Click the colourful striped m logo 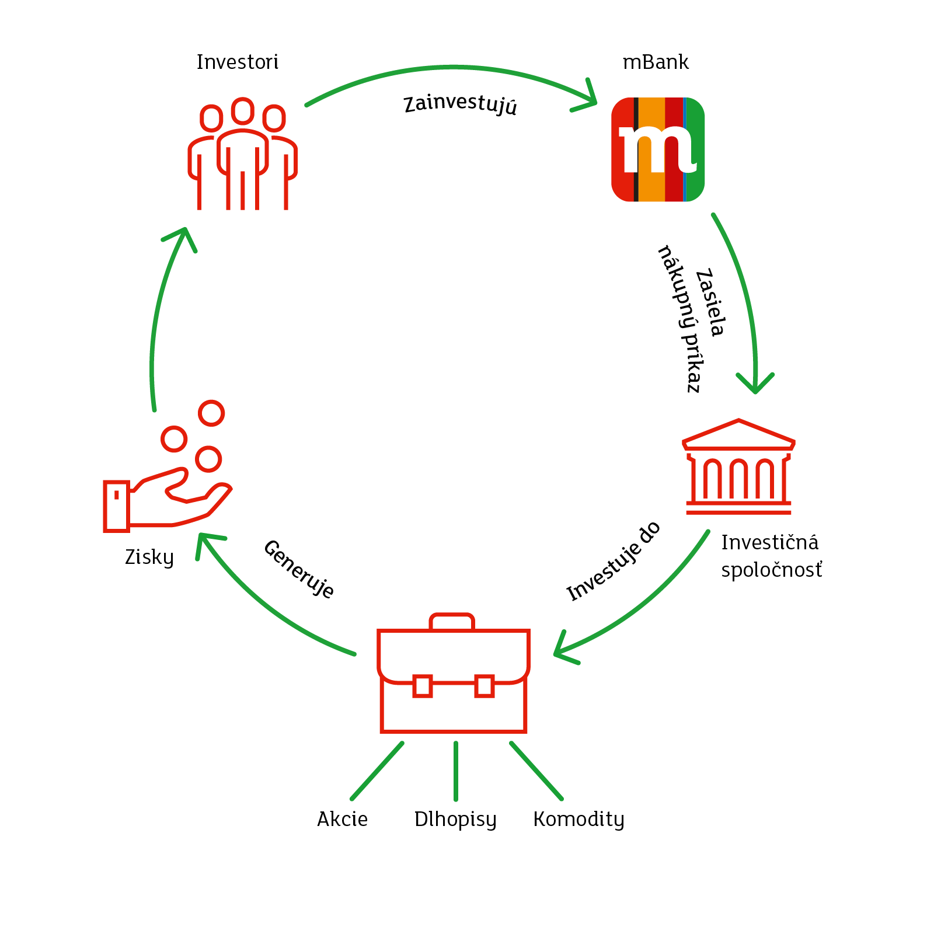tap(658, 149)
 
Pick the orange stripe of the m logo tap(651, 187)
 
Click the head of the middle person tap(242, 111)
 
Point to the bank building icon tap(738, 467)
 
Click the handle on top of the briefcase tap(452, 621)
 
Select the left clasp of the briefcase tap(423, 686)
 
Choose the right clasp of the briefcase tap(485, 686)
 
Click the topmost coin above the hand tap(211, 413)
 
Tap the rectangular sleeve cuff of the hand tap(116, 506)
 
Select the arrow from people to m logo tap(452, 68)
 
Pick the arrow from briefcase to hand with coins tap(263, 607)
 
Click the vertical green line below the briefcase tap(456, 771)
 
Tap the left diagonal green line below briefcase tap(377, 771)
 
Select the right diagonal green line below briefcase tap(536, 771)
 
